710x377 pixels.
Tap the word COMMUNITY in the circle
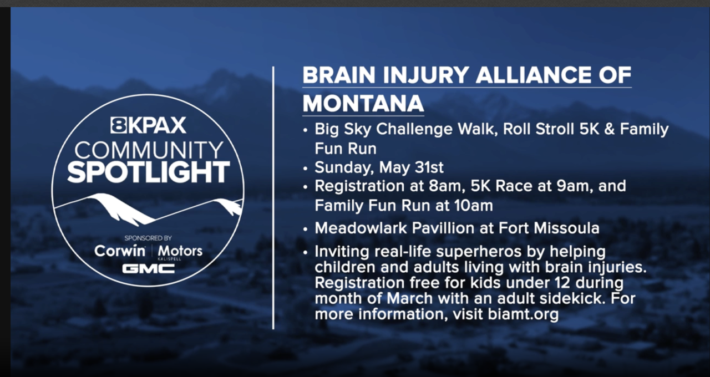coord(149,150)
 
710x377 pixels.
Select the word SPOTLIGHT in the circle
coord(148,172)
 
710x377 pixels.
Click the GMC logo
coord(148,269)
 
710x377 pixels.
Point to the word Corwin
coord(120,251)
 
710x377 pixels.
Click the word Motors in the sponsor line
coord(180,251)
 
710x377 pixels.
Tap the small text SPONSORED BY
coord(148,238)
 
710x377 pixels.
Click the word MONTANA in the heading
coord(363,103)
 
